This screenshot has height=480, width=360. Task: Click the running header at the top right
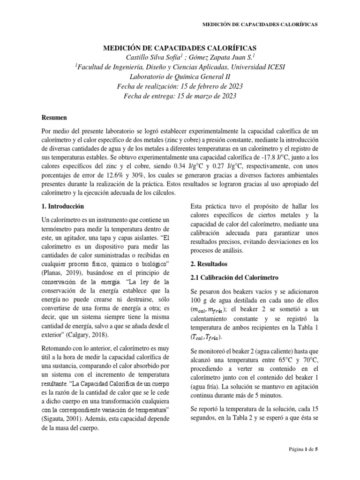(x=259, y=24)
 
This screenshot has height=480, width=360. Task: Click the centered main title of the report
(x=180, y=48)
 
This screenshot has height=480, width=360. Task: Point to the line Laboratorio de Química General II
(x=180, y=77)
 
